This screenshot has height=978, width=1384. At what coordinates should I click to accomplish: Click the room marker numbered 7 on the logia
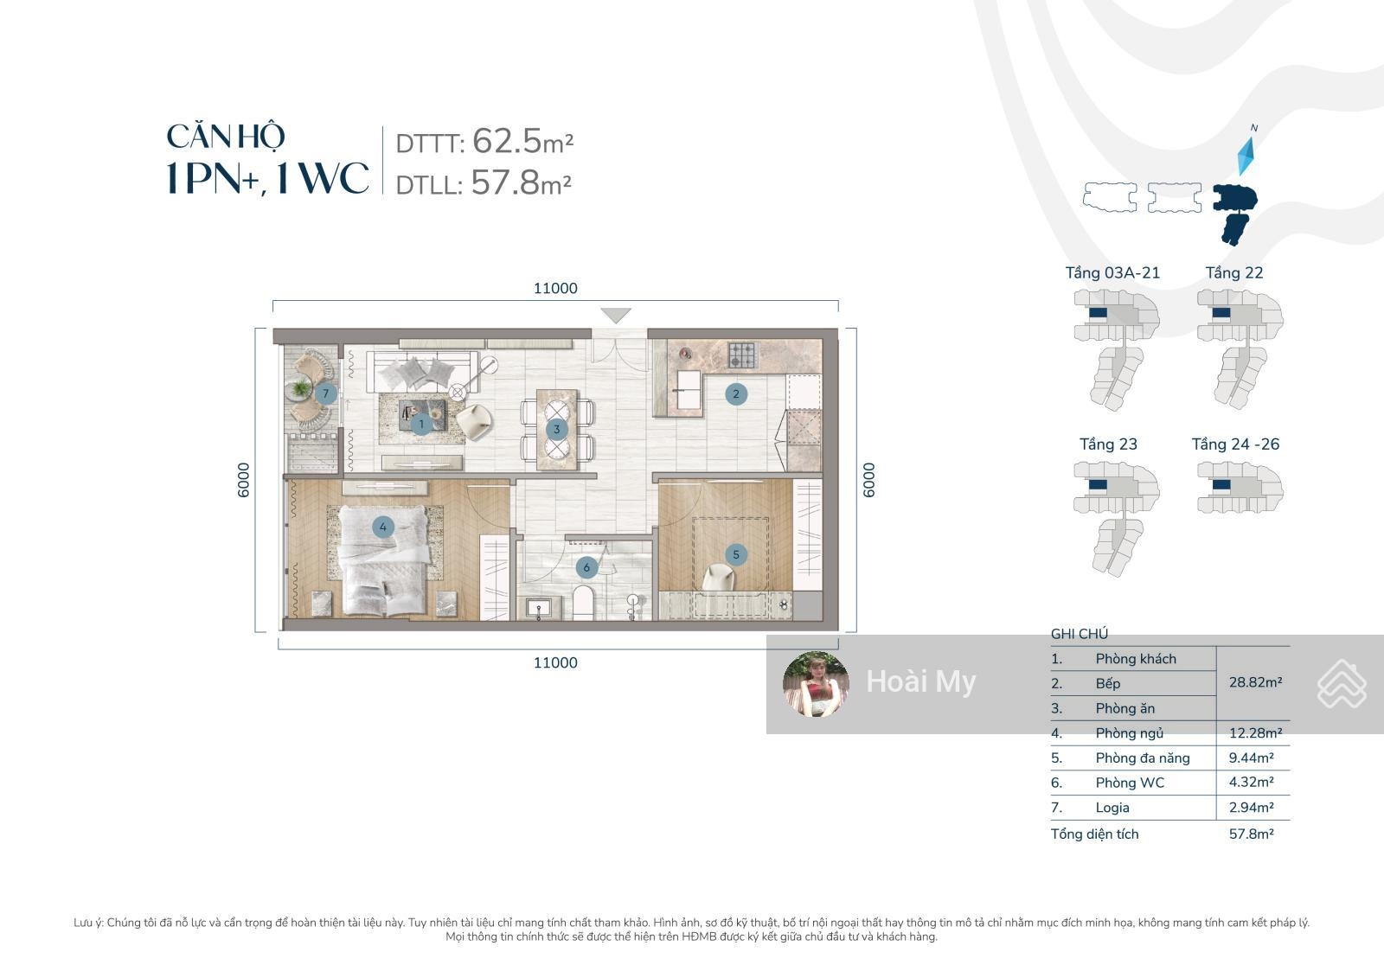click(325, 393)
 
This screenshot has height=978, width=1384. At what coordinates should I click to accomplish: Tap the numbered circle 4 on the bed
click(383, 527)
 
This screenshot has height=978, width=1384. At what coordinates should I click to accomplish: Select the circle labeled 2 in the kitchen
click(736, 393)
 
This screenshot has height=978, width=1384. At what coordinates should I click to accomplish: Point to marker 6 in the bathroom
click(586, 567)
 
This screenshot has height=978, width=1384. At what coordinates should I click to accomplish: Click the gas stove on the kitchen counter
click(741, 355)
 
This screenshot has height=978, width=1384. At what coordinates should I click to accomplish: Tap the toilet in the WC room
click(583, 602)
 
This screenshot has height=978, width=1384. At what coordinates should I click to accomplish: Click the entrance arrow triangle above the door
click(616, 315)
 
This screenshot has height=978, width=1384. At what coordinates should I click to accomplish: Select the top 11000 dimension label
click(555, 288)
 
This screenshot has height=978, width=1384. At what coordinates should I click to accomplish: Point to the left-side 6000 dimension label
click(244, 480)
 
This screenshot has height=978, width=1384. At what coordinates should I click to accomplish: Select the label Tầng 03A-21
click(1112, 272)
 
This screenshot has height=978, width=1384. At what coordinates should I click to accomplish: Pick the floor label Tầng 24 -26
click(1235, 444)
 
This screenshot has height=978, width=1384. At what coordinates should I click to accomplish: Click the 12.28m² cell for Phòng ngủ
click(1255, 732)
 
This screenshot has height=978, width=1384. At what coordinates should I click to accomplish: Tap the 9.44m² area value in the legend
click(1251, 757)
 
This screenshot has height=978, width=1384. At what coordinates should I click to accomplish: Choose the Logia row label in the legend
click(1112, 808)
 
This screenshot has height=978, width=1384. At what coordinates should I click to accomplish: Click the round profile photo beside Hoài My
click(815, 684)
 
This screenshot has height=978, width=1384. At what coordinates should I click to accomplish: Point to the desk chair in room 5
click(719, 578)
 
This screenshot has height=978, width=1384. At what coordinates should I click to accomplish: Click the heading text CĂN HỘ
click(226, 136)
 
